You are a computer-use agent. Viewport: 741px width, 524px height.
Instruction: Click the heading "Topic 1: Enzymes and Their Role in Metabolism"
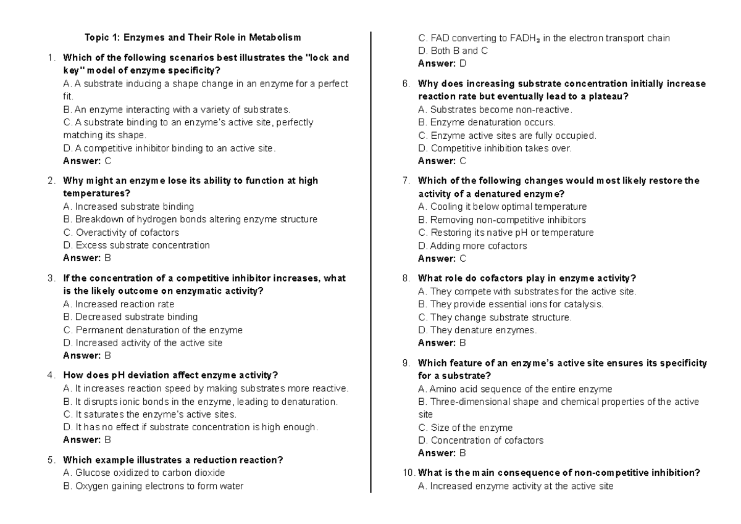click(193, 38)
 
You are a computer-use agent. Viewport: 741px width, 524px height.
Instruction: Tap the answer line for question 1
click(88, 161)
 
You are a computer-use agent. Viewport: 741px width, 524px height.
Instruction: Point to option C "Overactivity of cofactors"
click(121, 233)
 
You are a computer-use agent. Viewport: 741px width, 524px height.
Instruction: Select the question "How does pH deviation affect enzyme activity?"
click(170, 375)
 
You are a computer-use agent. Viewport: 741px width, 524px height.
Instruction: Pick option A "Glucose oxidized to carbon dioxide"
click(144, 473)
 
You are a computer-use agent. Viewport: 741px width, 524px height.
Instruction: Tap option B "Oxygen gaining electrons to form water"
click(153, 486)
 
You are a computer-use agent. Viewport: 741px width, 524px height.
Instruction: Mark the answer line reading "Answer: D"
click(442, 63)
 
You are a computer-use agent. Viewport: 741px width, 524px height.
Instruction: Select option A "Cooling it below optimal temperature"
click(502, 207)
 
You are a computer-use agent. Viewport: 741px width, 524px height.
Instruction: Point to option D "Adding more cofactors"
click(472, 246)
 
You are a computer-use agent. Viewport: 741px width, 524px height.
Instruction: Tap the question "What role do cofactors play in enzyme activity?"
click(527, 278)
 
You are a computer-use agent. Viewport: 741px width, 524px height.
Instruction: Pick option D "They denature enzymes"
click(477, 330)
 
